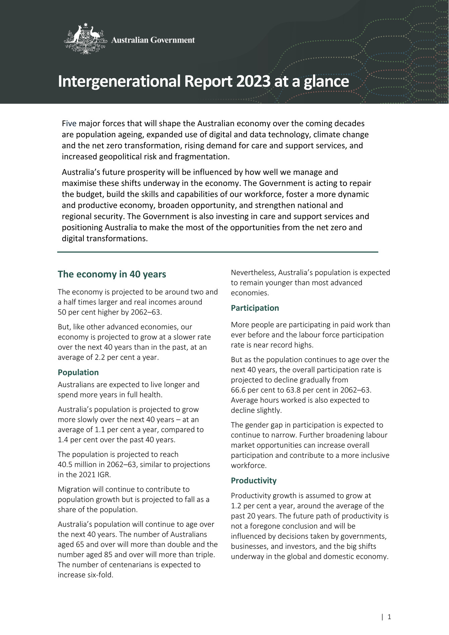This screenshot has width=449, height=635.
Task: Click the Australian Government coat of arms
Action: point(85,39)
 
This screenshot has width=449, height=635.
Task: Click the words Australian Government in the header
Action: point(153,40)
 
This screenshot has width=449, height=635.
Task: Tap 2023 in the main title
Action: point(253,81)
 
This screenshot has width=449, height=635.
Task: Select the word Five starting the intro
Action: point(69,124)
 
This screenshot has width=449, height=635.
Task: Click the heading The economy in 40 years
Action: point(112,274)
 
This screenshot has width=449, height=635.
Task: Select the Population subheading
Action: point(78,372)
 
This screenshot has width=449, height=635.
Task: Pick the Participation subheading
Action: point(255,308)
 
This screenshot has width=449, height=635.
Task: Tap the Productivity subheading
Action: point(254,480)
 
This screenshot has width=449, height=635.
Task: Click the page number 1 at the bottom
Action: point(389,616)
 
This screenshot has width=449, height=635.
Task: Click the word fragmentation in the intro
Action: point(205,156)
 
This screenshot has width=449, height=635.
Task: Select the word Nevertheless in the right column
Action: point(253,272)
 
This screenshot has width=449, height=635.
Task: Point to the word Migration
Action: point(74,489)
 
